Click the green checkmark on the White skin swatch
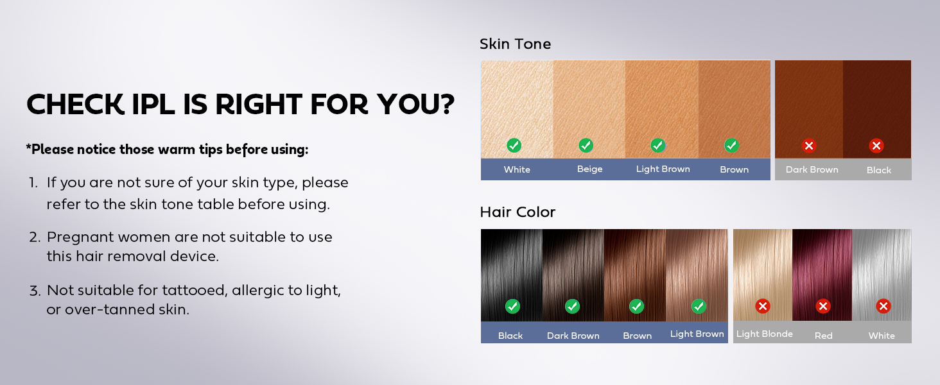click(x=514, y=145)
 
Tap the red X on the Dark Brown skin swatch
click(x=809, y=146)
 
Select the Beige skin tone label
click(x=589, y=169)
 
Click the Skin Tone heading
click(x=515, y=44)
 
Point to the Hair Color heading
click(x=518, y=212)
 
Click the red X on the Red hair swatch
click(x=823, y=306)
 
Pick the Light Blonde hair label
click(x=764, y=334)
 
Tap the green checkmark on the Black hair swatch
click(x=512, y=306)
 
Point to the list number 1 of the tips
click(x=33, y=183)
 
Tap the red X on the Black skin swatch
click(x=876, y=146)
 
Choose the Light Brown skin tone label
click(x=663, y=169)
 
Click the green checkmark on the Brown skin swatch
click(x=731, y=145)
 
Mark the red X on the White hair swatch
click(x=883, y=306)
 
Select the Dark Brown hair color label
click(x=573, y=336)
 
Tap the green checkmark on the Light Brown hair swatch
click(x=699, y=306)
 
